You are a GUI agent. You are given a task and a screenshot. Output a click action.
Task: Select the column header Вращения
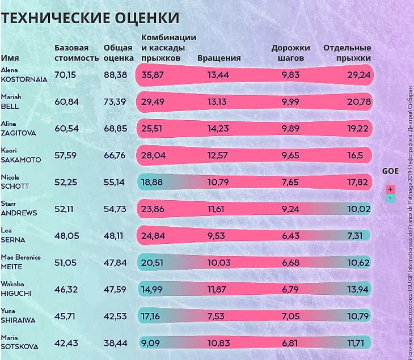click(219, 58)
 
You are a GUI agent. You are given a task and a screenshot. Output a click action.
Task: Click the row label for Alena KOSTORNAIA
click(24, 74)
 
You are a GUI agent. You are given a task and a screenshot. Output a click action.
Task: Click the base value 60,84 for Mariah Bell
click(66, 101)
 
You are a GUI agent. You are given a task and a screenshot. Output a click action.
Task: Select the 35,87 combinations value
click(153, 75)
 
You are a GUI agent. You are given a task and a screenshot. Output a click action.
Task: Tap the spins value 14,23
click(218, 129)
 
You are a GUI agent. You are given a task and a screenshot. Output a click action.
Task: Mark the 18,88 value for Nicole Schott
click(152, 182)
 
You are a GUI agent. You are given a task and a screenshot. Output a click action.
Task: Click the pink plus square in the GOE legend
click(390, 189)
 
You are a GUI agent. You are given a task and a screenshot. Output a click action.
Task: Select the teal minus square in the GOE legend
click(390, 198)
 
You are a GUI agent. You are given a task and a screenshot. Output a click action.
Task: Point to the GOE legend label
click(390, 171)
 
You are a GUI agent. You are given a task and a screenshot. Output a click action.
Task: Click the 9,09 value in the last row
click(150, 342)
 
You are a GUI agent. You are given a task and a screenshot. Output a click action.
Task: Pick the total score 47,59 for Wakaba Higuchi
click(115, 289)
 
